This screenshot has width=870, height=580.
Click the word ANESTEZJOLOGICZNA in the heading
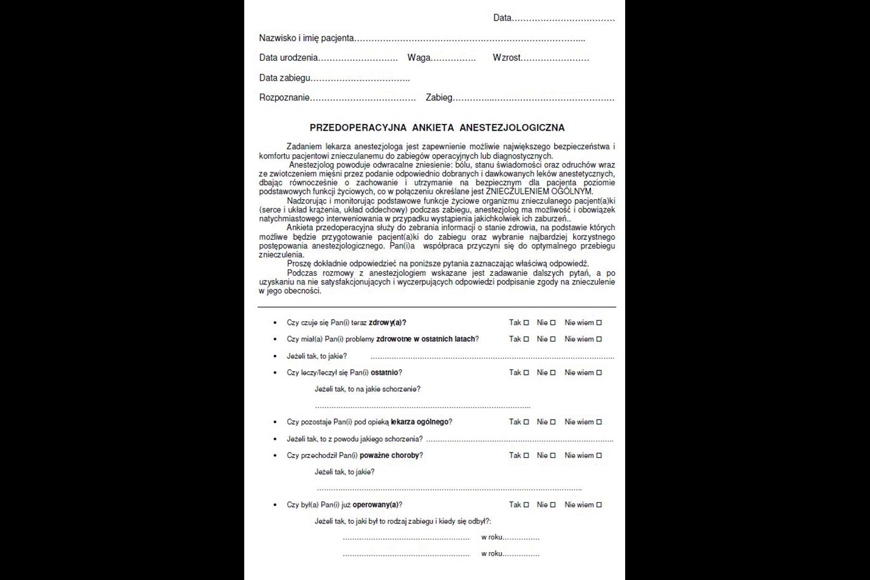[x=512, y=128]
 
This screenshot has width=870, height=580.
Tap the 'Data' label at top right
[x=502, y=18]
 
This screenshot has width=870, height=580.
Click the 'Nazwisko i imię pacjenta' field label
[x=306, y=38]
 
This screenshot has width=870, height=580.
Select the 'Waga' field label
[x=419, y=58]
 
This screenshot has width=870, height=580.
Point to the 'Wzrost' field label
[x=507, y=58]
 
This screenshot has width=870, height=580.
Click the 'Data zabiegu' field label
[x=285, y=78]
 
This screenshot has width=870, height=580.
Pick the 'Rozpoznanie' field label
[x=284, y=98]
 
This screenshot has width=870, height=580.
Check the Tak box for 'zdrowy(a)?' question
[x=526, y=322]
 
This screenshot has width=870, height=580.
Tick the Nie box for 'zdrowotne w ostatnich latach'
[x=553, y=339]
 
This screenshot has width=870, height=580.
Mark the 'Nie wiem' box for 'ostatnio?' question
[x=599, y=372]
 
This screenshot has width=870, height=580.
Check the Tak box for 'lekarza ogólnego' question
[x=526, y=421]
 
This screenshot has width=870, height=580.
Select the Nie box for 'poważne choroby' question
[x=553, y=455]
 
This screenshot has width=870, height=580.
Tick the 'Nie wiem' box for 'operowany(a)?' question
[x=599, y=505]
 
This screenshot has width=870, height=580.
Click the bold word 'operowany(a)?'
[x=377, y=505]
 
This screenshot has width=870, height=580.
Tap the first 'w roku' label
[x=492, y=537]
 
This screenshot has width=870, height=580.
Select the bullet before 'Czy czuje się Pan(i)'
[x=275, y=322]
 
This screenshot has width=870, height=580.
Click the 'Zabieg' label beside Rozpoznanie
[x=439, y=98]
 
